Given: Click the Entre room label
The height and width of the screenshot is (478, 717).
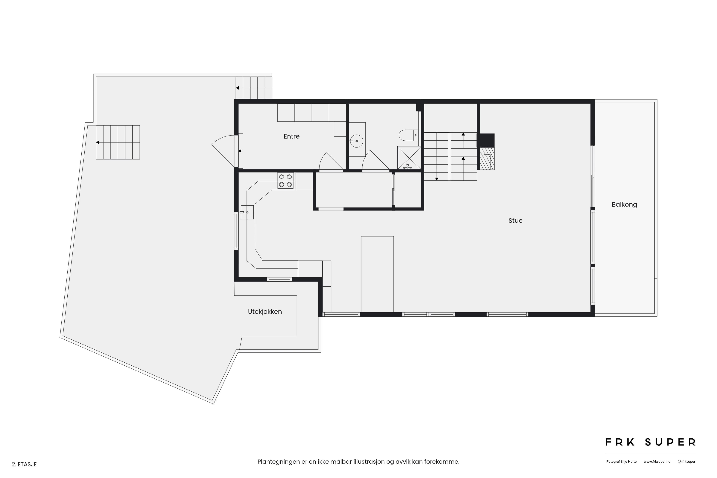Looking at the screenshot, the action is pyautogui.click(x=291, y=136).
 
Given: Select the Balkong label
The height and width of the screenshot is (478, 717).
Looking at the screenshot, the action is pyautogui.click(x=624, y=205).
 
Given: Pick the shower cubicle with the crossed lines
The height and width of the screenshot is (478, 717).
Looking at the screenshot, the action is pyautogui.click(x=409, y=158).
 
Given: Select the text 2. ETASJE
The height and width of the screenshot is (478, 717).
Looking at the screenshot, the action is pyautogui.click(x=24, y=464).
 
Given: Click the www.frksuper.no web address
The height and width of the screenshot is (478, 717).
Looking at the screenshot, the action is pyautogui.click(x=657, y=462).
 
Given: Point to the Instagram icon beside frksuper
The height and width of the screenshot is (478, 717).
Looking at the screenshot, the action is pyautogui.click(x=679, y=462).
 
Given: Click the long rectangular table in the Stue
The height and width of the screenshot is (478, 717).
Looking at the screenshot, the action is pyautogui.click(x=377, y=274).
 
